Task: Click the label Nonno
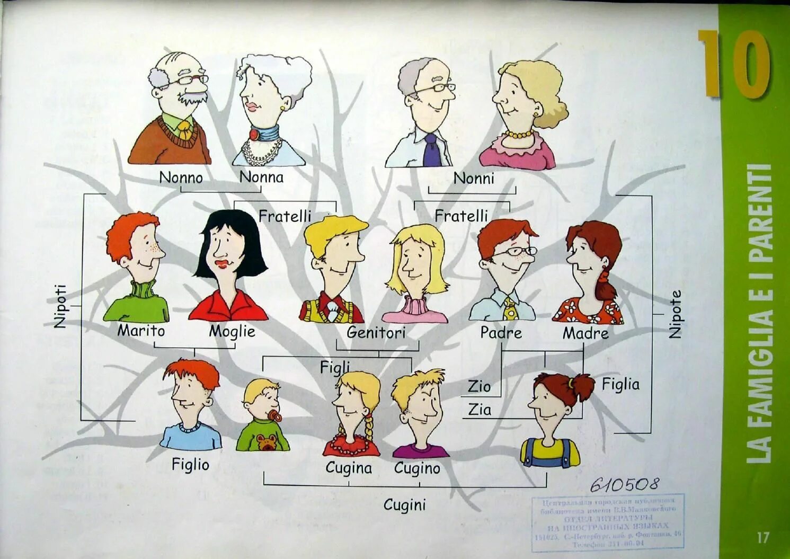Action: (x=181, y=178)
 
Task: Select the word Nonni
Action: (x=473, y=179)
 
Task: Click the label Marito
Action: (x=141, y=331)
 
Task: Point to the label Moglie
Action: (x=232, y=332)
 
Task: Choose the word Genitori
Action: (x=376, y=333)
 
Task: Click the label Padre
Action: (x=501, y=333)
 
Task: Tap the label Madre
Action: (x=585, y=333)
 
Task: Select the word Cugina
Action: (x=349, y=468)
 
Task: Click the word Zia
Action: (x=480, y=410)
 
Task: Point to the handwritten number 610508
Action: (x=625, y=484)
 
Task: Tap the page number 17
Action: (x=762, y=537)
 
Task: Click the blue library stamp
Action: (x=607, y=521)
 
